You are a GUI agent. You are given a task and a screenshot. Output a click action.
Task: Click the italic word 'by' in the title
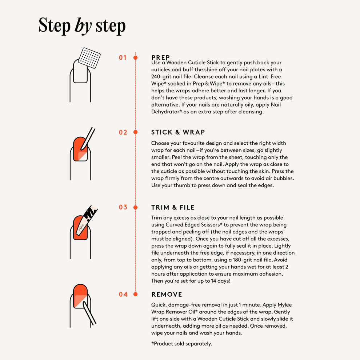[x=83, y=26]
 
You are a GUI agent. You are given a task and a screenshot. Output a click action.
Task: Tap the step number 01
[x=123, y=57]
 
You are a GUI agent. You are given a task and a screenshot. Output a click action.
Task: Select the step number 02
[x=123, y=132]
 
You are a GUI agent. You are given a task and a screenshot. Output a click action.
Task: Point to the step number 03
[x=123, y=207]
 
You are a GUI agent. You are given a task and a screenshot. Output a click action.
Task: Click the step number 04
[x=123, y=294]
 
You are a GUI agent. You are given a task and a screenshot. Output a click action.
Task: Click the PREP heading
[x=160, y=57]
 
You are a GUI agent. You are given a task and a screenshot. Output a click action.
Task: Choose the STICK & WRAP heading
[x=178, y=132]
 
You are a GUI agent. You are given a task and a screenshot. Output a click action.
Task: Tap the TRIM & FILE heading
[x=173, y=208]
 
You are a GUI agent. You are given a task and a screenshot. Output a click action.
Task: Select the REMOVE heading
[x=167, y=294]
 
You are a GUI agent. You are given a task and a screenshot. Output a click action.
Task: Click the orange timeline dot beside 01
[x=135, y=57]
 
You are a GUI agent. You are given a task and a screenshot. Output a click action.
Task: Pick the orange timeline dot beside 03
[x=135, y=207]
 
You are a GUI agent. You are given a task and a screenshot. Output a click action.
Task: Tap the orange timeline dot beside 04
[x=135, y=294]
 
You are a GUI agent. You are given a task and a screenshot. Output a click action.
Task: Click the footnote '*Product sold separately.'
[x=181, y=344]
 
